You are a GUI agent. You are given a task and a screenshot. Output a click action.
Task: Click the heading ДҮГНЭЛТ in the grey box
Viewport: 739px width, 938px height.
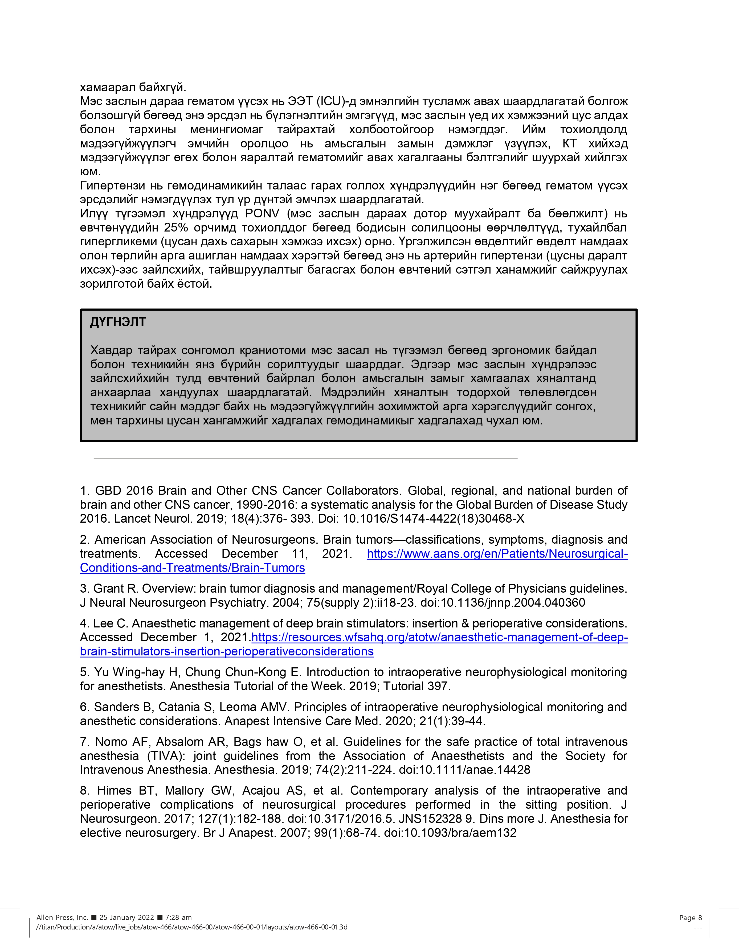pyautogui.click(x=118, y=322)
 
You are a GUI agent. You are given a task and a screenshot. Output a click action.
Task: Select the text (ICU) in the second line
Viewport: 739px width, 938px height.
pyautogui.click(x=332, y=101)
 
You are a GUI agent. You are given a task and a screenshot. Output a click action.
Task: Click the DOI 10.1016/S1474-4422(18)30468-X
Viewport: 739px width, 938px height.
pyautogui.click(x=434, y=519)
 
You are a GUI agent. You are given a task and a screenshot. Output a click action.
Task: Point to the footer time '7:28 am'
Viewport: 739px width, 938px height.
pyautogui.click(x=178, y=917)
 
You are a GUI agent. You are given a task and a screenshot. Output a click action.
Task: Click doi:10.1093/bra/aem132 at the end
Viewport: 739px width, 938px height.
pyautogui.click(x=450, y=833)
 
